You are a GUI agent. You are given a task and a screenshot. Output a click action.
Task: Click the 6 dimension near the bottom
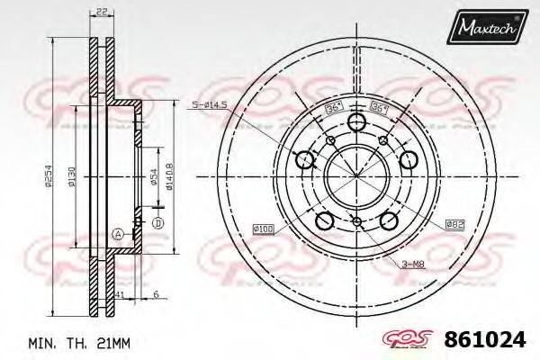pyautogui.click(x=155, y=294)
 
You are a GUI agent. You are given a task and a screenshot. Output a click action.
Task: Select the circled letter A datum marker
pyautogui.click(x=118, y=234)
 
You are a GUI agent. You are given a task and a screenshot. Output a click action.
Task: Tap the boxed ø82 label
pyautogui.click(x=454, y=222)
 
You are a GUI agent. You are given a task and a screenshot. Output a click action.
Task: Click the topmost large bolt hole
pyautogui.click(x=357, y=124)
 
